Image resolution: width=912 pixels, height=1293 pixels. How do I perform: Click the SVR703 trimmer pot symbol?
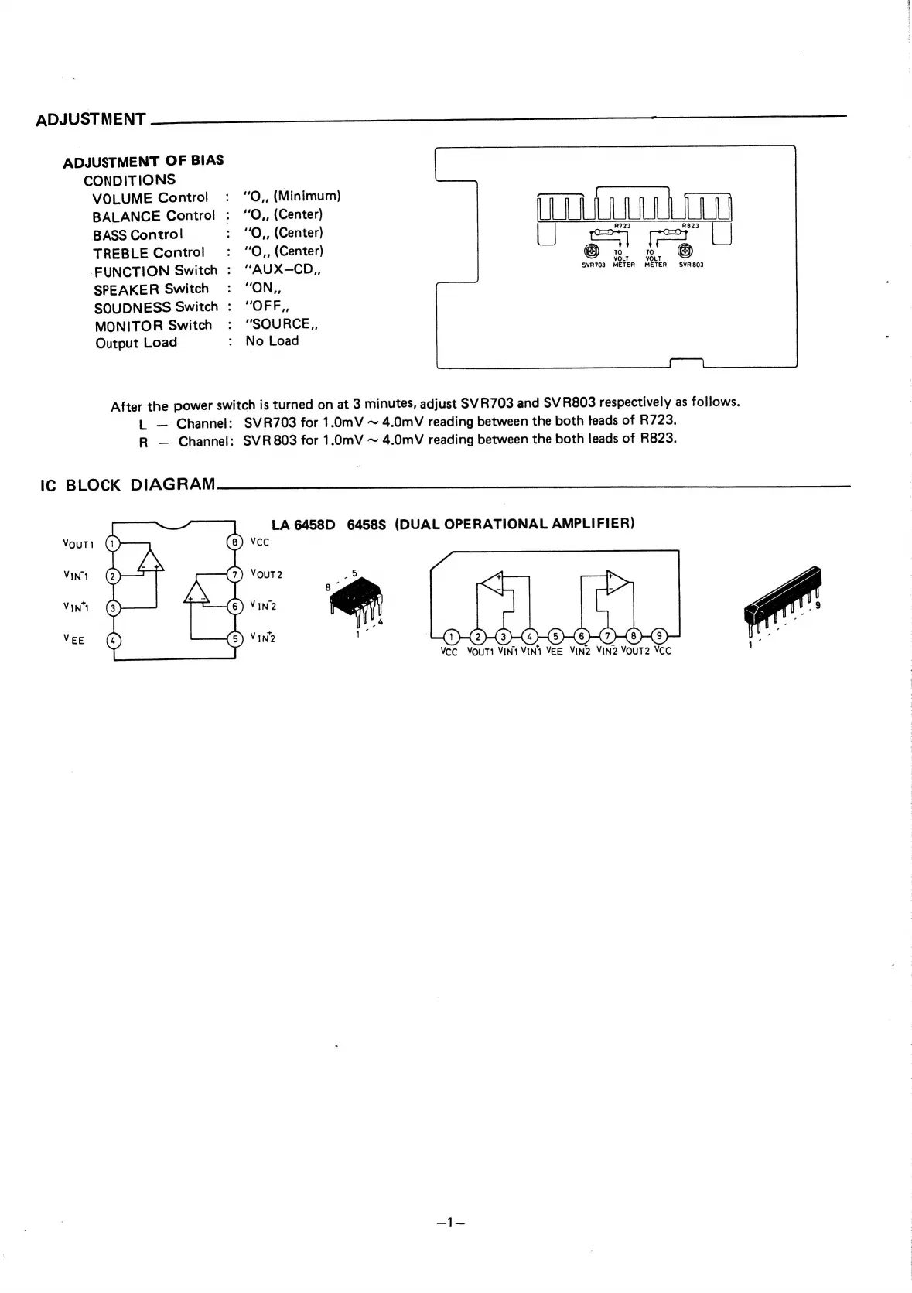(x=592, y=251)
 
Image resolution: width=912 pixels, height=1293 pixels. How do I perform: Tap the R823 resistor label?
(x=690, y=226)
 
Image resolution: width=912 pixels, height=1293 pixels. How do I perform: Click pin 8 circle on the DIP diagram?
(x=234, y=542)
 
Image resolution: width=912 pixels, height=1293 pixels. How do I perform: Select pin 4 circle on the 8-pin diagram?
(x=113, y=641)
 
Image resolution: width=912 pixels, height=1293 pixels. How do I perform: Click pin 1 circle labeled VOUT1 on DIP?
(x=113, y=543)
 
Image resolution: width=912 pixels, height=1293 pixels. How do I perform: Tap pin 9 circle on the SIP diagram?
(x=659, y=637)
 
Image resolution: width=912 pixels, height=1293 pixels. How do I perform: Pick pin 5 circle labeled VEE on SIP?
(x=555, y=637)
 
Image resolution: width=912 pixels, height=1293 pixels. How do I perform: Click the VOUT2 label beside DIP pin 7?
(x=266, y=574)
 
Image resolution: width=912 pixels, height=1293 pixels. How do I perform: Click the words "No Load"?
(x=272, y=341)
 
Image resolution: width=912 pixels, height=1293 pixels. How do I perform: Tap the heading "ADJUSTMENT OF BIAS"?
(x=143, y=162)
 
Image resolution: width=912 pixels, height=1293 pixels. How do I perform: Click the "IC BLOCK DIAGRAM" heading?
(x=128, y=485)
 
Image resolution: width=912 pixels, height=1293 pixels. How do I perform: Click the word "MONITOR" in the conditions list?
(x=128, y=326)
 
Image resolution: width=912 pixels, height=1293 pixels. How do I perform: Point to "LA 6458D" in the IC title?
(x=302, y=525)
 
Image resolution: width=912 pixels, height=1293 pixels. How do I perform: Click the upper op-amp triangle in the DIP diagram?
(x=151, y=559)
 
